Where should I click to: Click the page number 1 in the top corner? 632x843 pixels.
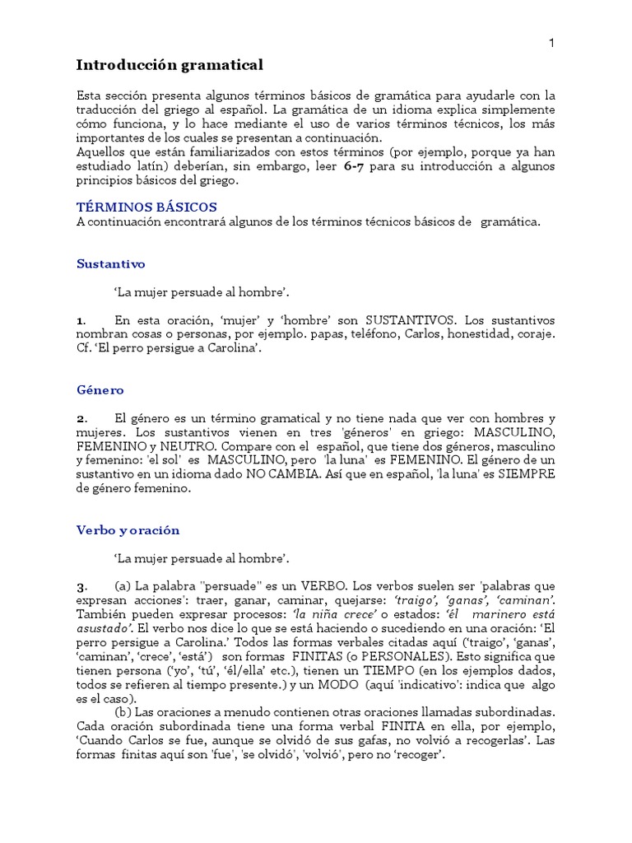(x=551, y=43)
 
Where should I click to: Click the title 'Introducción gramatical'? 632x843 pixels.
(x=170, y=64)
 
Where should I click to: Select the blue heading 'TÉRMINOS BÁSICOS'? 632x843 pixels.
(x=146, y=207)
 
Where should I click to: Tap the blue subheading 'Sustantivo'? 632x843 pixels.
(x=110, y=264)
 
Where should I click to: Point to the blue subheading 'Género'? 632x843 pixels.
(x=100, y=390)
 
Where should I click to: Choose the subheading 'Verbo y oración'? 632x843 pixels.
(x=128, y=530)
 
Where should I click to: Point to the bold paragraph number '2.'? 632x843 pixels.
(x=81, y=418)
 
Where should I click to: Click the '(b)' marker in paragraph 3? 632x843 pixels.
(x=123, y=712)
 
